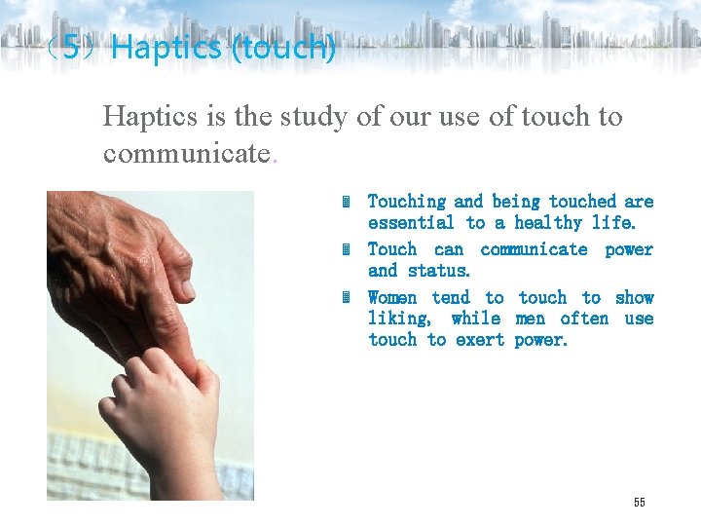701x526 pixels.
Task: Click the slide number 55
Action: [639, 502]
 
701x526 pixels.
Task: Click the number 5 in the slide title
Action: [71, 47]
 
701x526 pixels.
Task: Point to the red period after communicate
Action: [275, 157]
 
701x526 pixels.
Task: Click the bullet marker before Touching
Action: [346, 202]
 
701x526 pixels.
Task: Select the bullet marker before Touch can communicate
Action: [346, 249]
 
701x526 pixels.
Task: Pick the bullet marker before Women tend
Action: [346, 298]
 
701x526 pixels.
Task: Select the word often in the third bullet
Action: [584, 319]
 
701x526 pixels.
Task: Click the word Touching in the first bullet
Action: [406, 202]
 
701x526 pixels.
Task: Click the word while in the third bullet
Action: [476, 319]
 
